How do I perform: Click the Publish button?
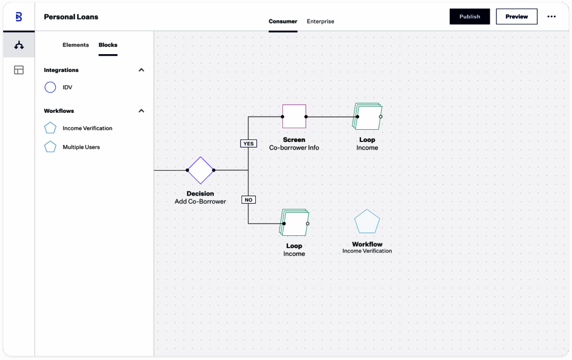469,16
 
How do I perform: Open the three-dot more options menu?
551,16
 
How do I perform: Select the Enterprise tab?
320,21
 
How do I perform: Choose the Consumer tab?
283,21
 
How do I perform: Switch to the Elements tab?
76,45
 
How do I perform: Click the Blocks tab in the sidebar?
108,45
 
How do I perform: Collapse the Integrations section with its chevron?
141,69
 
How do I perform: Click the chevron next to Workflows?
141,110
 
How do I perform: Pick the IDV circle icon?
51,87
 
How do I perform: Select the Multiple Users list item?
81,147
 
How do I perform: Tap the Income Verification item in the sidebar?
87,128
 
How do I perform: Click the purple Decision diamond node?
200,171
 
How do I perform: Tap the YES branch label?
248,143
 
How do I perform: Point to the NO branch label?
248,200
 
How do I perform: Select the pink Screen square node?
294,116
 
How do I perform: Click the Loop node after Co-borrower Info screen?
367,116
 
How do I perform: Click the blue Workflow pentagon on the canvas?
367,222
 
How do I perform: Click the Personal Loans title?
71,17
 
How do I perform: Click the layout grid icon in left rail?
18,70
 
